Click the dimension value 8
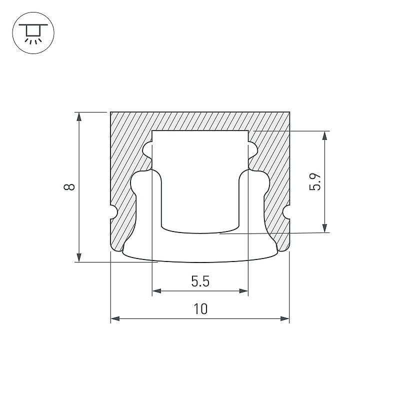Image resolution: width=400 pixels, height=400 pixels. click(x=69, y=187)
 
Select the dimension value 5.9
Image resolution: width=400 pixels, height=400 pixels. click(x=315, y=182)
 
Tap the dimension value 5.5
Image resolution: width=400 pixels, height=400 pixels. click(x=200, y=281)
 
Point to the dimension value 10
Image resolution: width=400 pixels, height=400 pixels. click(x=200, y=309)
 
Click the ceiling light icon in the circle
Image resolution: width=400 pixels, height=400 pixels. click(x=33, y=32)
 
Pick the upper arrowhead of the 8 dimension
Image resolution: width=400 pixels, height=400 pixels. click(x=79, y=116)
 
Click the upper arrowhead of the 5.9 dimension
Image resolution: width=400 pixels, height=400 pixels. click(x=324, y=135)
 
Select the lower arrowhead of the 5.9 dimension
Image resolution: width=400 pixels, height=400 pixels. click(x=324, y=228)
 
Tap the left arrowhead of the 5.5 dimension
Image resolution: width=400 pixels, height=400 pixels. click(x=156, y=291)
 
